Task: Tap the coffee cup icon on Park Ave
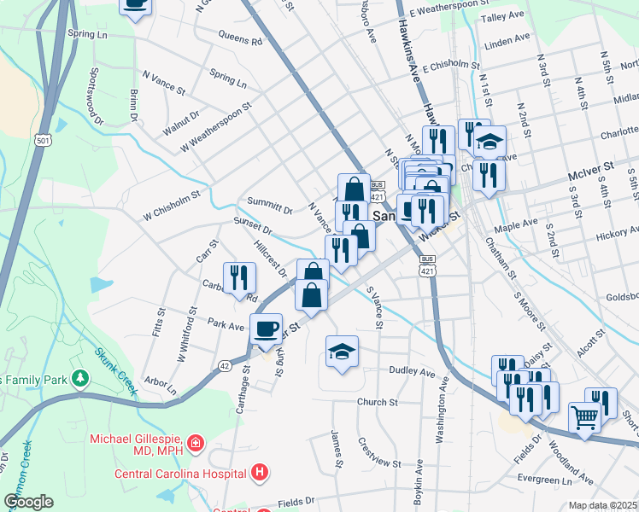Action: (x=267, y=328)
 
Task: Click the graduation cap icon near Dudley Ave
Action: (x=342, y=351)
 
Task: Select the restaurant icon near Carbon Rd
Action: (x=239, y=277)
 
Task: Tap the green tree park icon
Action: (x=79, y=376)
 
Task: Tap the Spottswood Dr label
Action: (x=94, y=100)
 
